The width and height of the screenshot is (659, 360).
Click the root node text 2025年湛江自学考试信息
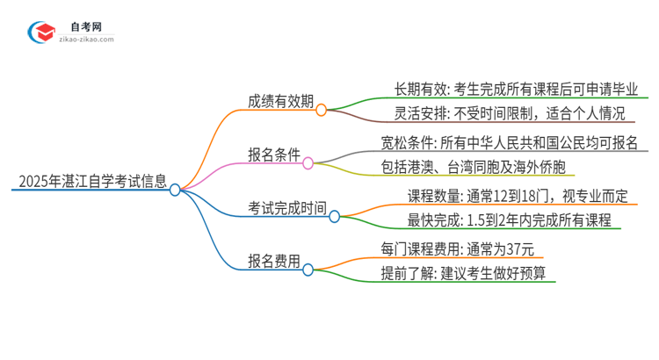(91, 183)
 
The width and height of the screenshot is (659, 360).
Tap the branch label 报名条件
(273, 155)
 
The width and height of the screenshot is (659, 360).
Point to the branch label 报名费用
(273, 261)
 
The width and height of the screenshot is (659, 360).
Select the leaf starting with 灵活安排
(496, 114)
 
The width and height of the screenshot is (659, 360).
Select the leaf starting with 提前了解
(463, 273)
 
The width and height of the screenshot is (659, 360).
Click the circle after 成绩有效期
(322, 111)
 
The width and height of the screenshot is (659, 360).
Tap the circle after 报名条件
(308, 163)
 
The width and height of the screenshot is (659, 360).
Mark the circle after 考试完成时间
(335, 216)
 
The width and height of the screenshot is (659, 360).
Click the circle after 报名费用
(308, 270)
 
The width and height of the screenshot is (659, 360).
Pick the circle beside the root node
(175, 190)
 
